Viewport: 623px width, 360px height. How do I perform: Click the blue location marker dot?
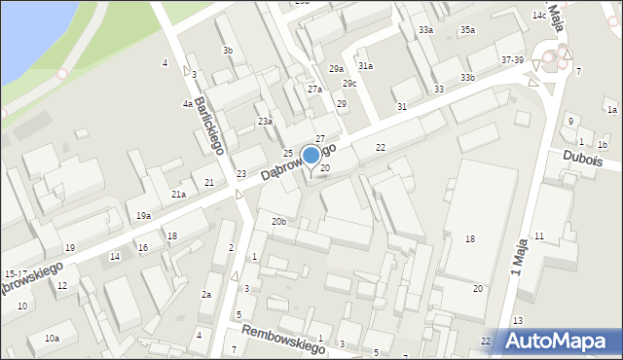[x=311, y=155]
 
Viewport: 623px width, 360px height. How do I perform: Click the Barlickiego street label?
[x=210, y=126]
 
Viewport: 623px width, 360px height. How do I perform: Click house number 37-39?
[x=512, y=60]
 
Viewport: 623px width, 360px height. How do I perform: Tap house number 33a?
[x=425, y=30]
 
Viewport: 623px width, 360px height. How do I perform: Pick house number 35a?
[x=468, y=30]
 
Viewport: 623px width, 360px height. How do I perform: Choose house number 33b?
[x=468, y=77]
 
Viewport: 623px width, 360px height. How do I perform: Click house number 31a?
[x=365, y=65]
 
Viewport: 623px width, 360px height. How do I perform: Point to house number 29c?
[x=348, y=84]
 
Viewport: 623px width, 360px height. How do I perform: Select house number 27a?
[x=314, y=90]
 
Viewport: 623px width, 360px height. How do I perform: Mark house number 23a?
[x=265, y=121]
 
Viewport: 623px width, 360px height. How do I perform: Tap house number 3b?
[x=228, y=50]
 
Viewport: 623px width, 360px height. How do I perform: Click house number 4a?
[x=186, y=103]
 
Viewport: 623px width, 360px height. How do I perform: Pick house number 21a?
[x=179, y=195]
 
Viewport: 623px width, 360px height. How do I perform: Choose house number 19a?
[x=143, y=215]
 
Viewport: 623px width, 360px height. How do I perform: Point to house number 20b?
[x=279, y=222]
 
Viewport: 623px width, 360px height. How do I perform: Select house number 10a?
[x=52, y=338]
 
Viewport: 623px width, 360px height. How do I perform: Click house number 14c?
[x=538, y=16]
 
